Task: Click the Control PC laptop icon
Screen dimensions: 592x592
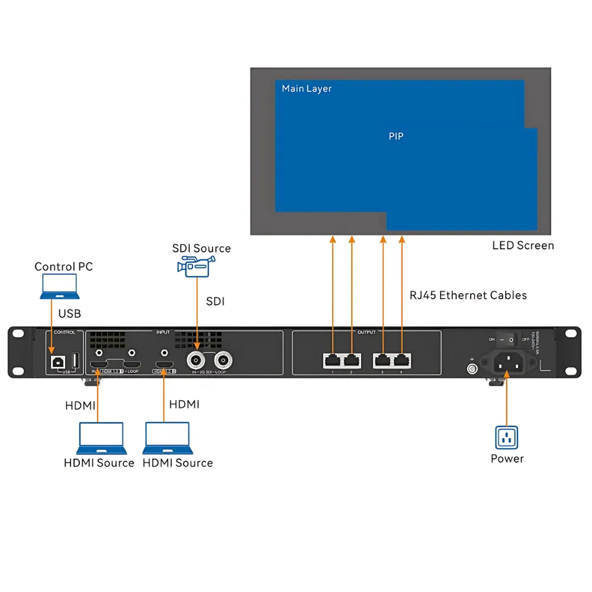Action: click(x=59, y=287)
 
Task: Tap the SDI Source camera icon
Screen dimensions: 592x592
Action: click(x=193, y=267)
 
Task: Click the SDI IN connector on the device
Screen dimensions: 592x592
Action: click(x=195, y=359)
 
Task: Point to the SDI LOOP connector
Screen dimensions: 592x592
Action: click(x=223, y=359)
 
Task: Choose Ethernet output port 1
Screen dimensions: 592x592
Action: click(x=333, y=359)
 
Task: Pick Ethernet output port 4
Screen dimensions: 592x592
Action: click(x=402, y=359)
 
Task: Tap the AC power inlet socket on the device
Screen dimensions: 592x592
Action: click(x=507, y=362)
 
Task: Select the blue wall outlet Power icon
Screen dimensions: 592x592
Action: click(x=506, y=438)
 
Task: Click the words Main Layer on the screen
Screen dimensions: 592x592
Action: click(x=307, y=89)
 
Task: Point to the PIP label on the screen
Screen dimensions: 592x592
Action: click(x=396, y=136)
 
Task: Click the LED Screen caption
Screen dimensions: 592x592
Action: click(x=523, y=245)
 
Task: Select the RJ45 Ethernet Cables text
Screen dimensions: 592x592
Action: click(x=468, y=295)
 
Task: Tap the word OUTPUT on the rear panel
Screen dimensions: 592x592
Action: click(x=366, y=332)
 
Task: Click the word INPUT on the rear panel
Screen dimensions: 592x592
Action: click(x=163, y=332)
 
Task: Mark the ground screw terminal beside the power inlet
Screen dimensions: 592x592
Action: click(x=472, y=369)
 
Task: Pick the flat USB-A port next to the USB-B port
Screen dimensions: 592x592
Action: click(x=75, y=360)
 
